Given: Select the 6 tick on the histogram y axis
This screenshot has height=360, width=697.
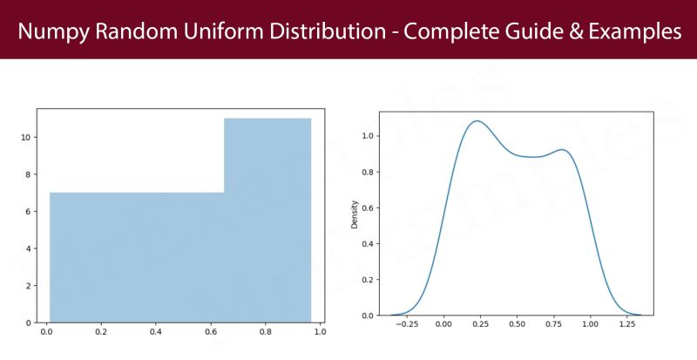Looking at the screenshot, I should (28, 212).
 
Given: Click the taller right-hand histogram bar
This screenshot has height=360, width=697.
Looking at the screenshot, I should (267, 218).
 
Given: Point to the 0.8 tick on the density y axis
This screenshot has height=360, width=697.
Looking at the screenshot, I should (369, 172).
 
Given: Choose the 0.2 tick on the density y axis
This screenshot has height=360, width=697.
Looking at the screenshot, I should (369, 279).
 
